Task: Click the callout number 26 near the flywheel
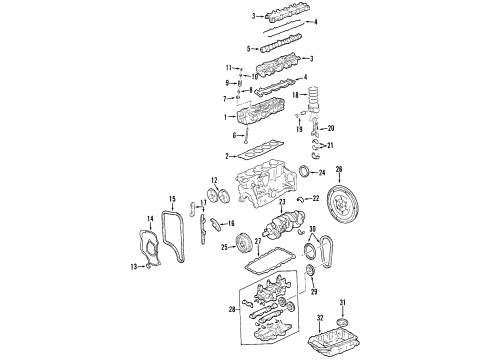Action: point(338,169)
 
